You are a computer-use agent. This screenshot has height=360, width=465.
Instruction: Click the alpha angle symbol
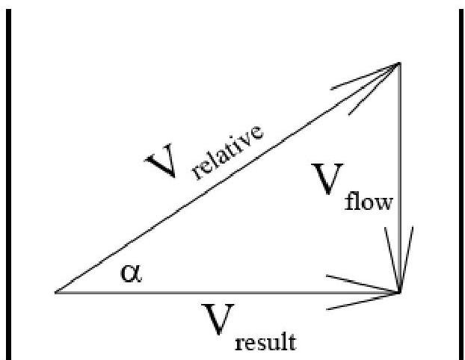click(130, 273)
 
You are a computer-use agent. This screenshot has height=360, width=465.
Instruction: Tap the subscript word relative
click(227, 152)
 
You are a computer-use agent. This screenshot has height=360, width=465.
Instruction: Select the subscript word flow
click(369, 202)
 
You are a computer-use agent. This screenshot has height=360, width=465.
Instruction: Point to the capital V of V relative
click(164, 162)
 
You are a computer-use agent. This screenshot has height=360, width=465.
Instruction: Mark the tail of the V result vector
click(56, 291)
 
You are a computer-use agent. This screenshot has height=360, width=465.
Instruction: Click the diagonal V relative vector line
click(224, 180)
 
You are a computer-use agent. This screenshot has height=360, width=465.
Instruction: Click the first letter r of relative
click(197, 173)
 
